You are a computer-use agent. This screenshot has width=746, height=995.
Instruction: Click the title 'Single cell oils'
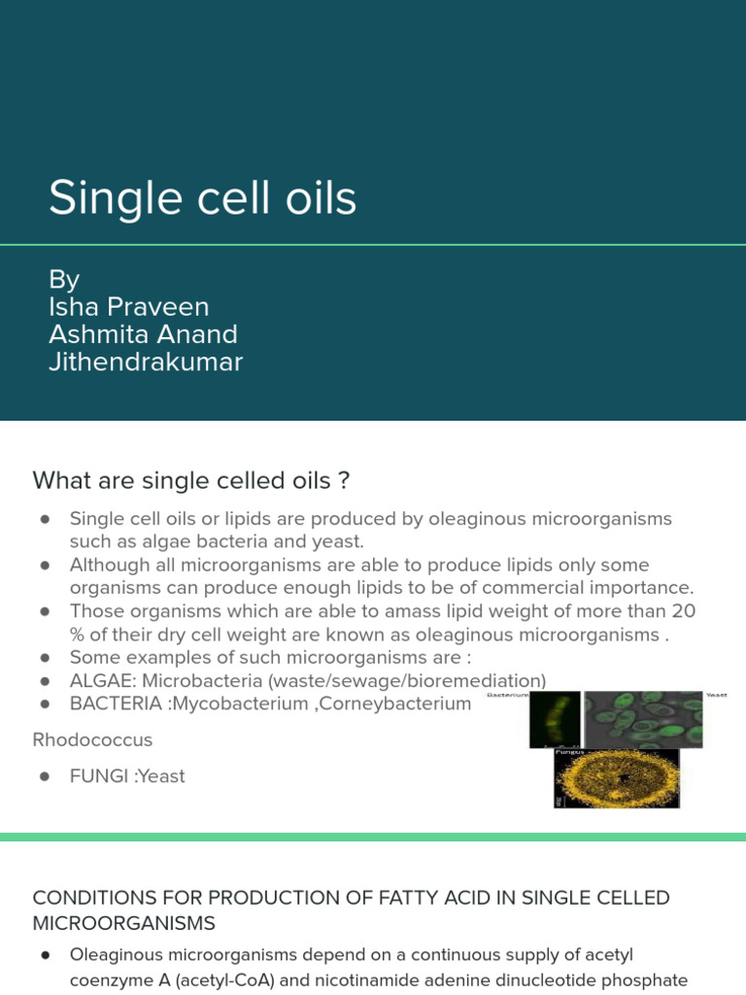202,198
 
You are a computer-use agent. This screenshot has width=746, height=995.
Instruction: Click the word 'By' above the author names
64,280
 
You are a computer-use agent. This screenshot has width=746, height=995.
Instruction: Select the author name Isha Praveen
128,307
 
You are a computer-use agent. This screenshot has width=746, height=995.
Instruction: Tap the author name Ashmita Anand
143,334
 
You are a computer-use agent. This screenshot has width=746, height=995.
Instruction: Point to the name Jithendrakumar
146,362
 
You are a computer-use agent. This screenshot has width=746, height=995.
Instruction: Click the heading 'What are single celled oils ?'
191,480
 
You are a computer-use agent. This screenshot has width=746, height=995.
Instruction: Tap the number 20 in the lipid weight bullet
684,611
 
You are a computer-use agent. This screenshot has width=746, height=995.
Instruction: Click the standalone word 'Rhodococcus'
92,739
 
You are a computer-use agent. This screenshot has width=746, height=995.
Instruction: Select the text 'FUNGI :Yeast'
126,776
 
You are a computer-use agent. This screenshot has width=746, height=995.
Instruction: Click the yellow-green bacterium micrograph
554,719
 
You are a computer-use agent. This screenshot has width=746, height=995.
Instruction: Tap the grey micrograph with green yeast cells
642,719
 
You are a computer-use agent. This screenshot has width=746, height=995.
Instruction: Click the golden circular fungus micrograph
616,779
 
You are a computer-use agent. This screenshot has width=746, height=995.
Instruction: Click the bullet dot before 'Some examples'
45,658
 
